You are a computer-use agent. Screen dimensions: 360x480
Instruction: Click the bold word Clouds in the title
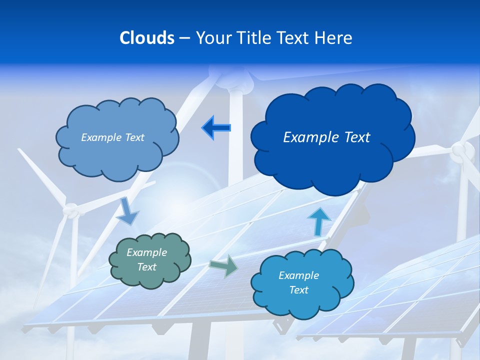click(146, 38)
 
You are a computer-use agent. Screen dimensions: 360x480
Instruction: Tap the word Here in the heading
click(333, 38)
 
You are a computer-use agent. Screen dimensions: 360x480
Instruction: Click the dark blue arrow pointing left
click(216, 127)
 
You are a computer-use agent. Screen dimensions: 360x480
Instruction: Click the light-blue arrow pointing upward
click(318, 221)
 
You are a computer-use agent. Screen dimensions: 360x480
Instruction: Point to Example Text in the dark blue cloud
click(326, 137)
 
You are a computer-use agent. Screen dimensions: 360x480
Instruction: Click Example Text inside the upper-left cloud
click(112, 137)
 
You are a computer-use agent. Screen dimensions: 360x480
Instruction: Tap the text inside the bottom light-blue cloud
click(298, 282)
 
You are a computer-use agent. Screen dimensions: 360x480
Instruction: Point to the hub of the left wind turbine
click(73, 212)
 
